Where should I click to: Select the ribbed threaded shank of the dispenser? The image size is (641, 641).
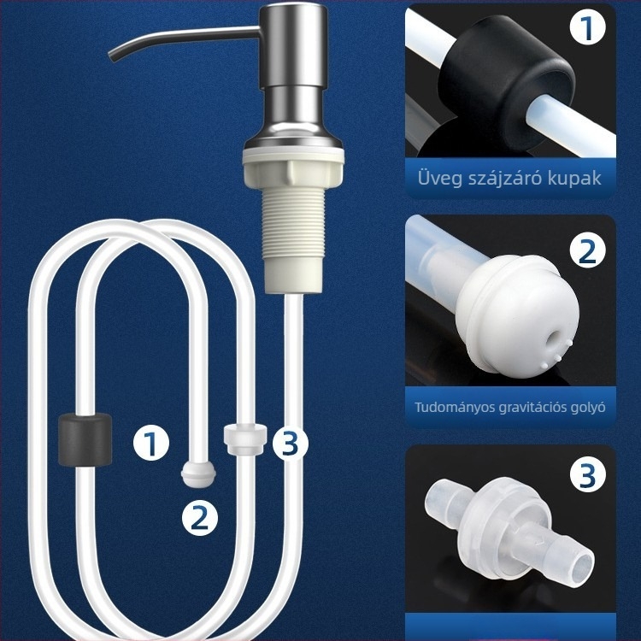[x=293, y=224]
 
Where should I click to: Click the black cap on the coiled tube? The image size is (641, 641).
[x=85, y=439]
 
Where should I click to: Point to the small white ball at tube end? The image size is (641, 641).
[x=198, y=474]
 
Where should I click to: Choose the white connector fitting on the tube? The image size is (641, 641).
[x=245, y=439]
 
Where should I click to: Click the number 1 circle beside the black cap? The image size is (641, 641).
[x=151, y=443]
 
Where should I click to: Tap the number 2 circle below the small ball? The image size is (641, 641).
[x=200, y=519]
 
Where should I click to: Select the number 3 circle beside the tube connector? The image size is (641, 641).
[x=291, y=443]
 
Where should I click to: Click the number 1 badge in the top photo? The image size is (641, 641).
[x=588, y=27]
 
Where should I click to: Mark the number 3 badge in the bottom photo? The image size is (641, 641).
[x=588, y=474]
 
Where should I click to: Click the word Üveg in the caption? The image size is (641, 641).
[x=439, y=178]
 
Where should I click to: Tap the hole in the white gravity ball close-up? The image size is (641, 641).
[x=554, y=338]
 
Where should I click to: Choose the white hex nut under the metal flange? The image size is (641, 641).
[x=293, y=168]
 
